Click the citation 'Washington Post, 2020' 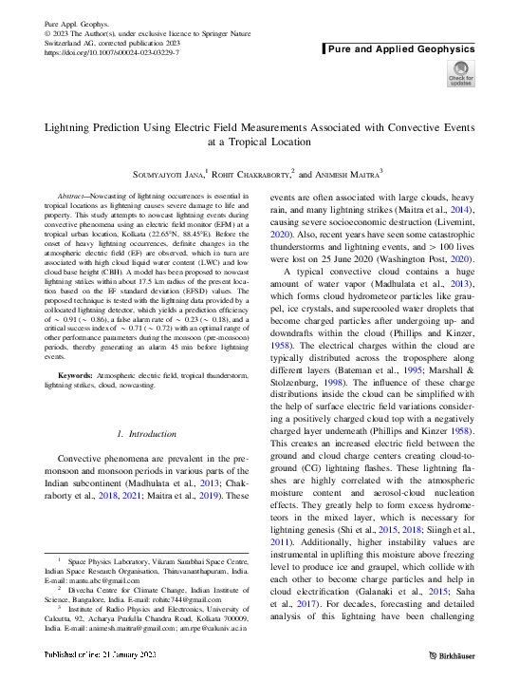pyautogui.click(x=431, y=256)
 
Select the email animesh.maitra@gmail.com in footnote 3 pyautogui.click(x=128, y=628)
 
